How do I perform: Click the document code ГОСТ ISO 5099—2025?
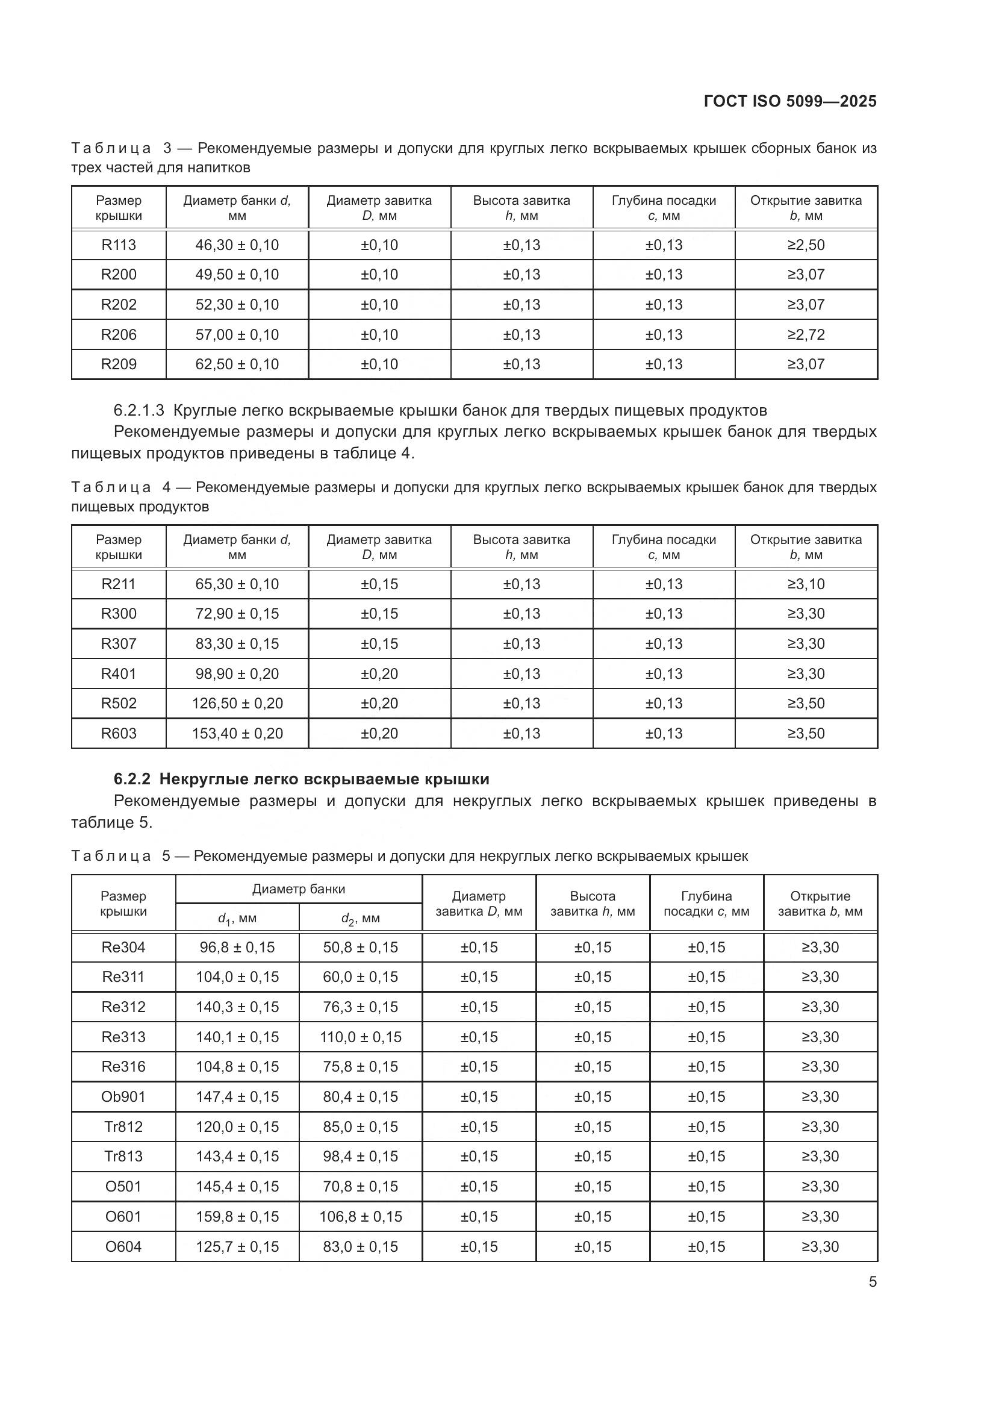coord(790,101)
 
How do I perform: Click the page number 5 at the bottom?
coord(872,1282)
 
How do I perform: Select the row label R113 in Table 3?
coord(119,245)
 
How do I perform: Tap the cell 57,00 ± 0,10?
coord(237,334)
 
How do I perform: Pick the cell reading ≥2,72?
coord(806,334)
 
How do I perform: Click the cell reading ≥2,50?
coord(806,245)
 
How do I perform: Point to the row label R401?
coord(119,674)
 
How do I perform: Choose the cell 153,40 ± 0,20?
coord(237,733)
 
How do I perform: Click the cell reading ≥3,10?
coord(806,584)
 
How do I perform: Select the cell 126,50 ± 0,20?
coord(237,703)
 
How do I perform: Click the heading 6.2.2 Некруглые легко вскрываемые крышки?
coord(301,779)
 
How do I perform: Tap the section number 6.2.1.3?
coord(139,410)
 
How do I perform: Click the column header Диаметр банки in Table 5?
coord(299,889)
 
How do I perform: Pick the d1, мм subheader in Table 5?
coord(237,919)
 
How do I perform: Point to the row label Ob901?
coord(123,1096)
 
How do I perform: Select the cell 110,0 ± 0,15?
coord(360,1037)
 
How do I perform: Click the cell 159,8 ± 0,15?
coord(237,1216)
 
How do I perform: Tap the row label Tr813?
coord(123,1156)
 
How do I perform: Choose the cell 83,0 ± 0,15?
coord(360,1246)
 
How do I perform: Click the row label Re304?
coord(123,948)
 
